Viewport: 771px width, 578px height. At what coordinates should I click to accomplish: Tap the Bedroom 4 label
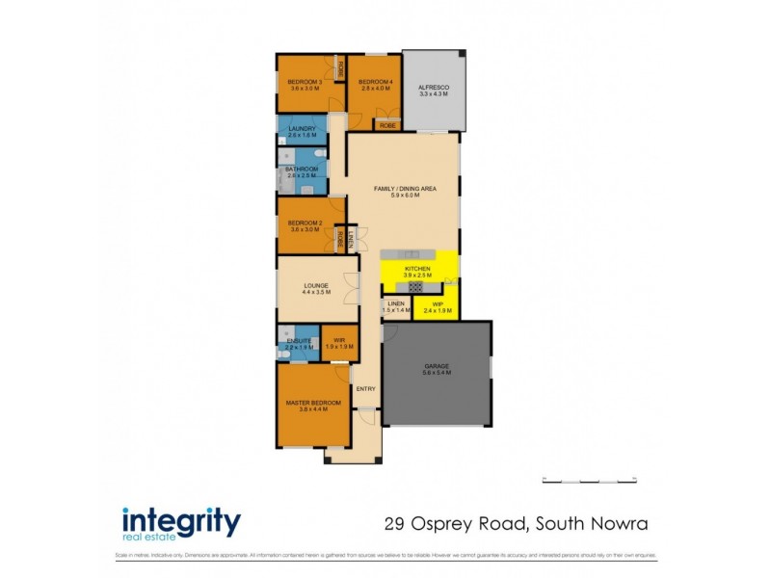376,83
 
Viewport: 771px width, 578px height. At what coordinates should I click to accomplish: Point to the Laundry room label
302,129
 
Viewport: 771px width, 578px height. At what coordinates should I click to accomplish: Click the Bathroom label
302,170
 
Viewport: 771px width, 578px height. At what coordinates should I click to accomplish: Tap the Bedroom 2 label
306,223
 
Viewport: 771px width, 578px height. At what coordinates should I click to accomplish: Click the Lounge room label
316,285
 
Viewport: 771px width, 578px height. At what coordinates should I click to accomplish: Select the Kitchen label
417,269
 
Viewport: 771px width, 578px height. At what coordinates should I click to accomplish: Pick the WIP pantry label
438,303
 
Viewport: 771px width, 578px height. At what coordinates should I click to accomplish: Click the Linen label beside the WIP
396,303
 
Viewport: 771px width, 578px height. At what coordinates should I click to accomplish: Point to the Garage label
438,366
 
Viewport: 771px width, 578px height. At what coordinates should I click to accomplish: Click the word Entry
365,388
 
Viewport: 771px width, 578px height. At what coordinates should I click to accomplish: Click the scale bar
590,479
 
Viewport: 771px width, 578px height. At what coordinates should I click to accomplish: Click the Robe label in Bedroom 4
388,125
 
